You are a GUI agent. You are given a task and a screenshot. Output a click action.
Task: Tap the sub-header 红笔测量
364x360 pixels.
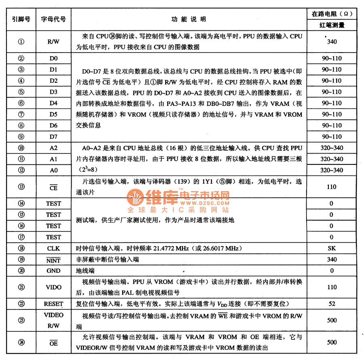point(332,25)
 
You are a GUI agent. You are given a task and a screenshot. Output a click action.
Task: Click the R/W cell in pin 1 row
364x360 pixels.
point(53,42)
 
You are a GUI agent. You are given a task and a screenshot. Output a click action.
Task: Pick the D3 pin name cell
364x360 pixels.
point(53,92)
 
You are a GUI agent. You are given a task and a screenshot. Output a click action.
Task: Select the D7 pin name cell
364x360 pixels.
point(53,137)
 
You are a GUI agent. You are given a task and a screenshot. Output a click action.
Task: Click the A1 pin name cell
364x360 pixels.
point(53,159)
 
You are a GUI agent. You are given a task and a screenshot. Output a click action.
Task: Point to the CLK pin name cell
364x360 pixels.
point(53,248)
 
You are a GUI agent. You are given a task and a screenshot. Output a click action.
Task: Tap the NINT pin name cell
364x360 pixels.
point(53,259)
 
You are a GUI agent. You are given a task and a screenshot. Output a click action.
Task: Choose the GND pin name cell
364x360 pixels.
point(53,271)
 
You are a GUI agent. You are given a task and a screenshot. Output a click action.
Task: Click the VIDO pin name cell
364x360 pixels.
point(53,287)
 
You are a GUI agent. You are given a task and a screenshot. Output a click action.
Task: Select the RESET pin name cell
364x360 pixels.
point(53,304)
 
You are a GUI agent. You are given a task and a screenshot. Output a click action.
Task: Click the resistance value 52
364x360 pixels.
point(332,304)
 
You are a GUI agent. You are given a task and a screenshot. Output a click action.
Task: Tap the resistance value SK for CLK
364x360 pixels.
point(332,248)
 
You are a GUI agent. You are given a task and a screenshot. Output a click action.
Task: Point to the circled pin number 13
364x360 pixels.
point(21,187)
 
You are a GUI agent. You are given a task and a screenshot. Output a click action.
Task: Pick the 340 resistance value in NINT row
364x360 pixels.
point(332,259)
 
